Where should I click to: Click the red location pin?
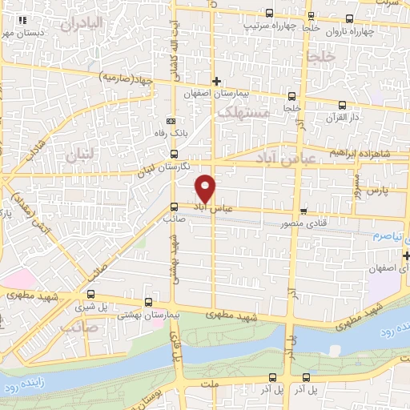point(206,187)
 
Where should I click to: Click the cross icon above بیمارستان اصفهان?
point(215,81)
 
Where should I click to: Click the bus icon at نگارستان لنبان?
point(175,155)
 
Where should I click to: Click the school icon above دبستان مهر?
point(22,20)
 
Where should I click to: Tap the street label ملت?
point(211,385)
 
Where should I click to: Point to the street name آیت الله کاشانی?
point(174,61)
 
